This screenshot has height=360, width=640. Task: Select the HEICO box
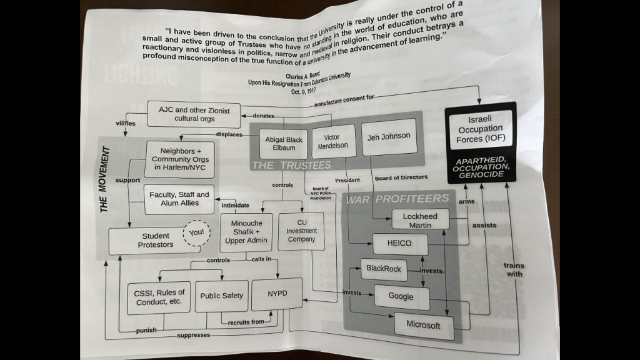[400, 243]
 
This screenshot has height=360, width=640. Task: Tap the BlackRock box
[384, 269]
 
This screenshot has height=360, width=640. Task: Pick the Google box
[401, 296]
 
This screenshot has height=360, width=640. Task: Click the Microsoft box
[423, 324]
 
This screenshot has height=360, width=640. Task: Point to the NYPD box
[277, 294]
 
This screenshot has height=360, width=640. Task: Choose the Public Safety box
[221, 296]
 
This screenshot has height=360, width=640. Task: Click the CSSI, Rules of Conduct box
[159, 297]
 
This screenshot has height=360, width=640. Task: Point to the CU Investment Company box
[301, 231]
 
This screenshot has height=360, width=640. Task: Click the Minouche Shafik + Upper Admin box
[246, 232]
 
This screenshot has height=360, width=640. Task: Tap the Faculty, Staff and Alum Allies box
[179, 199]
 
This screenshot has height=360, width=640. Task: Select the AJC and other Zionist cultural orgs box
[185, 114]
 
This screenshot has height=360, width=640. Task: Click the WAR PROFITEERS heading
[397, 198]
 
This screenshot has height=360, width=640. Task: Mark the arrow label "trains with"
[514, 269]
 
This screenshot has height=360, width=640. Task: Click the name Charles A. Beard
[302, 76]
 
